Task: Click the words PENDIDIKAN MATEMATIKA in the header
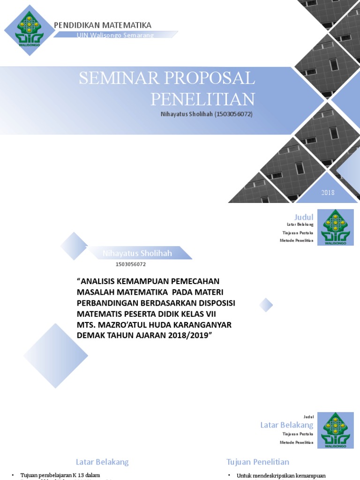click(103, 25)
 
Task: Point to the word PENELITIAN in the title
click(202, 99)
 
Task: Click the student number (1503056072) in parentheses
click(233, 114)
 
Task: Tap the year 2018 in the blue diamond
click(328, 193)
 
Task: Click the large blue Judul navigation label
click(303, 217)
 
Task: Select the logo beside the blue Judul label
click(335, 227)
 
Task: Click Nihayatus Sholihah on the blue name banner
click(137, 254)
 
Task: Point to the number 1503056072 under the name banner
click(131, 264)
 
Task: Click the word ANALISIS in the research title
click(105, 281)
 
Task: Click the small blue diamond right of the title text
click(266, 305)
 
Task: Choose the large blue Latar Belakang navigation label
click(286, 425)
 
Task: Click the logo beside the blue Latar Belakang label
click(335, 430)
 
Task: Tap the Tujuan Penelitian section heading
click(257, 462)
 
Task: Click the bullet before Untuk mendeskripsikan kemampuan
click(229, 475)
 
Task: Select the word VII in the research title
click(210, 314)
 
